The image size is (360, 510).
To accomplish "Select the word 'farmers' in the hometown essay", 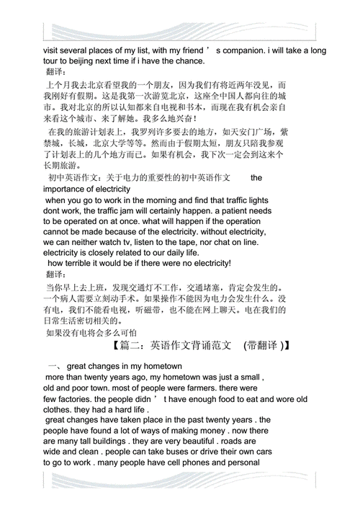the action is [x=170, y=388].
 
